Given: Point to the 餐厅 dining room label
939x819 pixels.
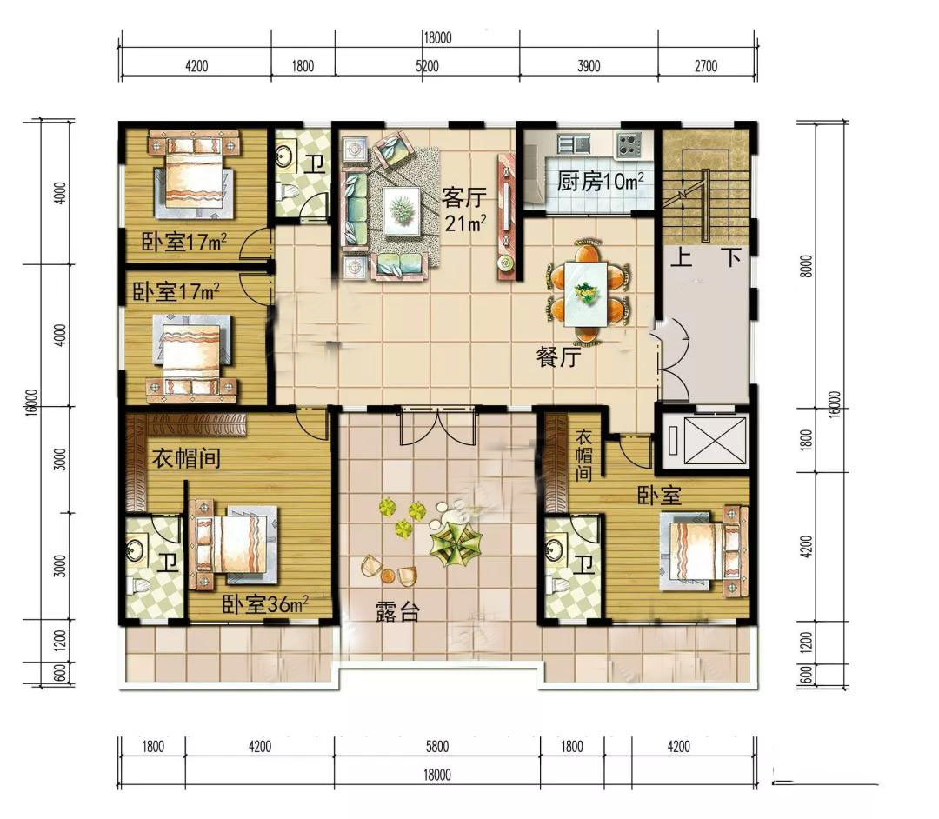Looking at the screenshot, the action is coord(559,357).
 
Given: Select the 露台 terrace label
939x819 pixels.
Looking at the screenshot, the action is coord(397,612).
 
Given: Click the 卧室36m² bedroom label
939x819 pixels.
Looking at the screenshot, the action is coord(265,604).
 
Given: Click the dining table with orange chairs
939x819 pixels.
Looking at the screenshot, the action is coord(587,293).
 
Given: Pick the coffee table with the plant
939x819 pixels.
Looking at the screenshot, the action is coord(402,210).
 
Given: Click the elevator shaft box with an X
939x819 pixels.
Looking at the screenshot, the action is coord(715,441).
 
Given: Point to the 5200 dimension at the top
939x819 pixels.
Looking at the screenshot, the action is coord(428,65).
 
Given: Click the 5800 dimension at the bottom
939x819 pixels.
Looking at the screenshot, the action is coord(437,747).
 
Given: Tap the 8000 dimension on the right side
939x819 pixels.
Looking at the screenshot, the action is coord(807,266).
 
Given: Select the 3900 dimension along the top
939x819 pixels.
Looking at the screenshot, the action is coord(589,65).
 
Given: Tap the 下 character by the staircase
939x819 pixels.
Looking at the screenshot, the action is coord(732,258).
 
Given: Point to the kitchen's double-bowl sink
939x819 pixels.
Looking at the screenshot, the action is coord(574,144).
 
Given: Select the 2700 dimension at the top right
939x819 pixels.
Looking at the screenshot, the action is coord(706,65).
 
